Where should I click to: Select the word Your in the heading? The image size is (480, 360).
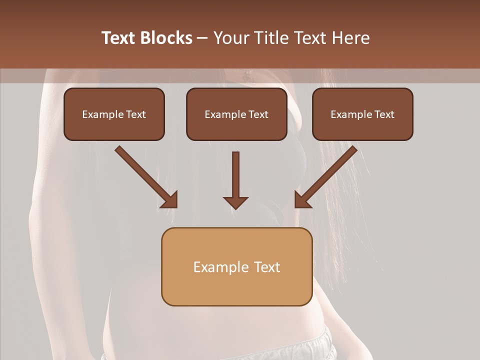230,38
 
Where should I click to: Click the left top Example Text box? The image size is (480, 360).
114,114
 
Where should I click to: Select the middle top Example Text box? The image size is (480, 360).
236,114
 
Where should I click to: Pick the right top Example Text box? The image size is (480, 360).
362,114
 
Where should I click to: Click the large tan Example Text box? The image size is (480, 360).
236,267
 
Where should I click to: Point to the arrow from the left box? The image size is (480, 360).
145,176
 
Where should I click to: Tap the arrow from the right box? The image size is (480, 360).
327,176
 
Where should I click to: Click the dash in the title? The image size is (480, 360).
202,38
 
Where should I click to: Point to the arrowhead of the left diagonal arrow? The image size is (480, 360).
170,200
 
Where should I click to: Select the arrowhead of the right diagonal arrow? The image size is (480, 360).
302,200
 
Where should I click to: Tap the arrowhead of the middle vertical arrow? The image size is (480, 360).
235,202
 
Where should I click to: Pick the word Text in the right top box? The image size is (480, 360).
384,114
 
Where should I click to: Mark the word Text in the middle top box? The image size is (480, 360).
258,114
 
